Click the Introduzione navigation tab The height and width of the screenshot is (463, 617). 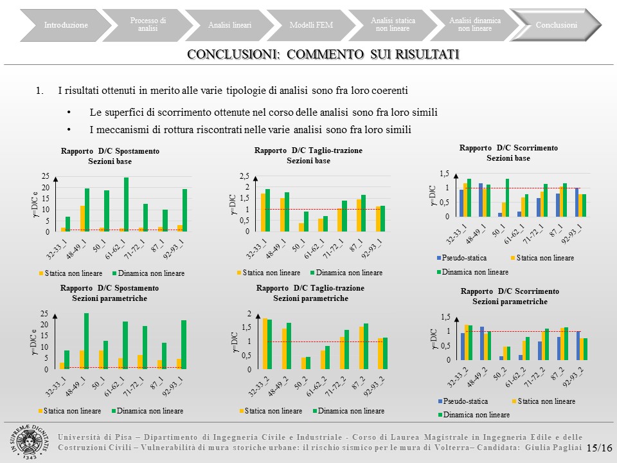tap(66, 25)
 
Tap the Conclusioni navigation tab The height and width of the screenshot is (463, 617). tap(556, 25)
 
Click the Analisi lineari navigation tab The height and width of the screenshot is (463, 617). tap(229, 25)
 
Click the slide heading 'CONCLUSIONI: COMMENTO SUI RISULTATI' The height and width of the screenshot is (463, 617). tap(323, 55)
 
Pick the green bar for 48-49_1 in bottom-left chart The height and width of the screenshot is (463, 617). tap(86, 341)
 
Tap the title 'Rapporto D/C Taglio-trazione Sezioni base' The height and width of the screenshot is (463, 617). tap(308, 155)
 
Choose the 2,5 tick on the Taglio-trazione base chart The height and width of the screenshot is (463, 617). tap(244, 176)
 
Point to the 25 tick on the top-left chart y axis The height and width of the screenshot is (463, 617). tap(45, 176)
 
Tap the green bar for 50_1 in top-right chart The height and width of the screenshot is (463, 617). tap(507, 197)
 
